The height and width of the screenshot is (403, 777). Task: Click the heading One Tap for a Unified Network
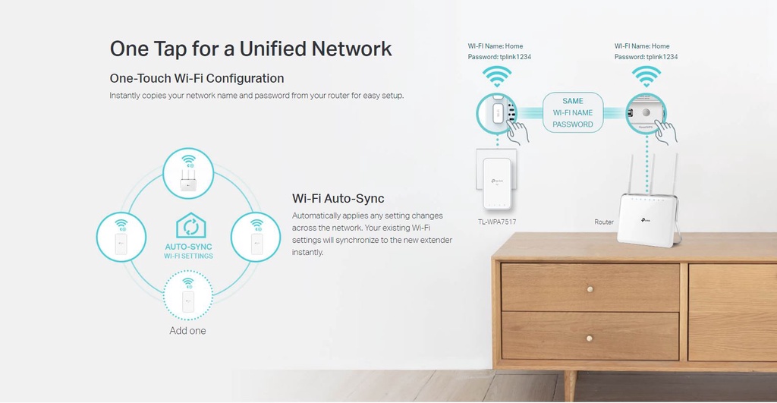(250, 49)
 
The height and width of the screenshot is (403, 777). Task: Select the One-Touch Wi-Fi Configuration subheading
(197, 78)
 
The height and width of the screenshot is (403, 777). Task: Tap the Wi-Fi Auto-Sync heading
(338, 199)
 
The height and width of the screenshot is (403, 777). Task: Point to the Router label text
(604, 222)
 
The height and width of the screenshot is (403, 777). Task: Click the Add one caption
(187, 331)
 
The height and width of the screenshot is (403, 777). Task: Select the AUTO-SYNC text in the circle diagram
(188, 247)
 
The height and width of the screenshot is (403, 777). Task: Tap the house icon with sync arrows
(190, 226)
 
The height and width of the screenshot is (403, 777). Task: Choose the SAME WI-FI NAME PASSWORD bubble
(573, 112)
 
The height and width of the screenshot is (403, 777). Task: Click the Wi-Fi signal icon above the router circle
(646, 76)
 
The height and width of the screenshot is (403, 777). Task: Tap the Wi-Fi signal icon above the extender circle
(498, 76)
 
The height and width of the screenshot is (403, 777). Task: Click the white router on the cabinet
(647, 219)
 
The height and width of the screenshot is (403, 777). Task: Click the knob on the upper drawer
(590, 289)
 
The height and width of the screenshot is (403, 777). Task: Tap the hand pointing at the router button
(666, 132)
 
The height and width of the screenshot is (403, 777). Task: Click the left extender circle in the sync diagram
(121, 237)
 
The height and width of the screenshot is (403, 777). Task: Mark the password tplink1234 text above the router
(646, 57)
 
